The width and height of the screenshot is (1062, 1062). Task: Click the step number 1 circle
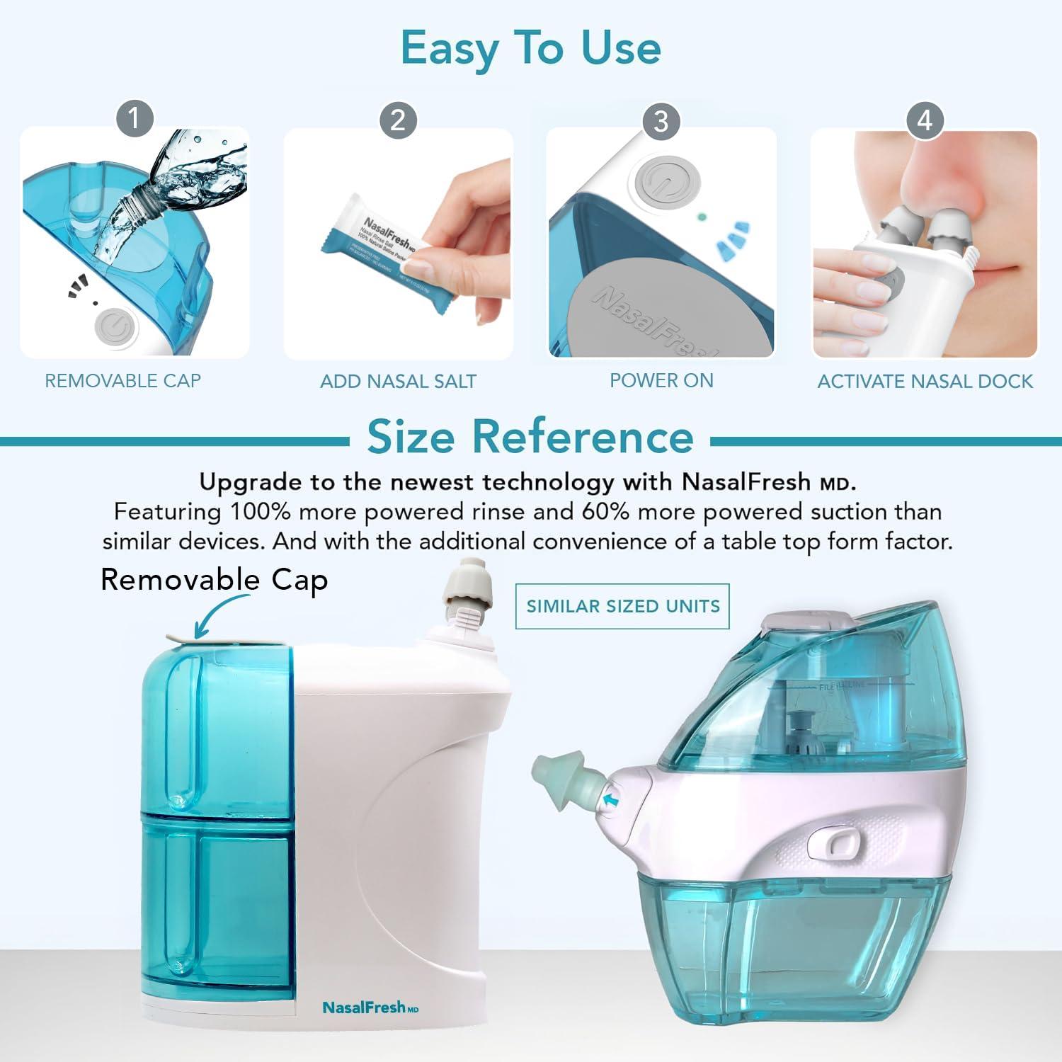click(135, 118)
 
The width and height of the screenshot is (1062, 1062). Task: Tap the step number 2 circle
click(398, 120)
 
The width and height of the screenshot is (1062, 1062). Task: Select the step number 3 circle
click(661, 121)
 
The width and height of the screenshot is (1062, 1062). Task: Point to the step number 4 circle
click(925, 120)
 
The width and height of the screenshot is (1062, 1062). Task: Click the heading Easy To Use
click(530, 48)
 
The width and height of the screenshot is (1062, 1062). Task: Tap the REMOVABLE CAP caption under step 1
click(123, 381)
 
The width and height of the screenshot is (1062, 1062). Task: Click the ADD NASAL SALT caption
click(398, 382)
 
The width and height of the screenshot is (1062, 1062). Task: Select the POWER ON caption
click(661, 381)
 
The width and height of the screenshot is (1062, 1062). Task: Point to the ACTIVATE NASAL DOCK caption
click(925, 382)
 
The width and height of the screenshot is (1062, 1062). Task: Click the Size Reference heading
click(530, 437)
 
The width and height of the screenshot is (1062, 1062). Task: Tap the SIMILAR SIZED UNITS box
click(622, 606)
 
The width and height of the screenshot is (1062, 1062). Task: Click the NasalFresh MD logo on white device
click(370, 1007)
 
